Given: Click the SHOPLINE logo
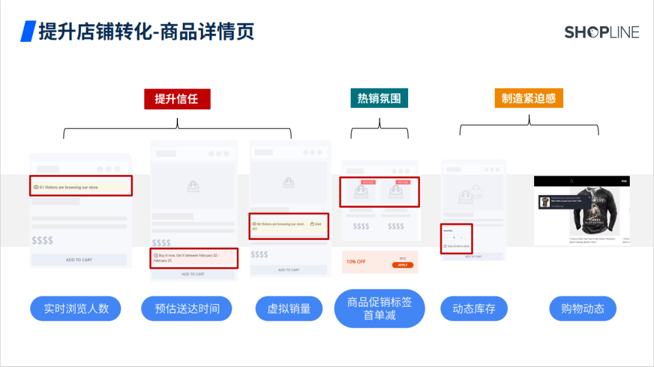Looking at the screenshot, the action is pos(601,32).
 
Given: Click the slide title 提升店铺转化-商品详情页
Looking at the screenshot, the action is pos(146,31).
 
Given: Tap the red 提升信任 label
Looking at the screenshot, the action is pos(177,99).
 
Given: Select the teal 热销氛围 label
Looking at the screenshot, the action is pos(379,98).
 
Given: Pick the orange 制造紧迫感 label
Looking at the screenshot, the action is pos(529,98).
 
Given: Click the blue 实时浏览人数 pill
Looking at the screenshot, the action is pos(76,309).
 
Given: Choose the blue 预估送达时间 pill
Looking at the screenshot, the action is pos(187,309).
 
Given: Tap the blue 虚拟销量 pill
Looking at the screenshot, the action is pos(289,309).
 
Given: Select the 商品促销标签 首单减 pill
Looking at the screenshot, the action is pos(380,308).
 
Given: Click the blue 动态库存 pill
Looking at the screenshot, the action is pos(474,309).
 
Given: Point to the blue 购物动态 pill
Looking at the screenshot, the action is pos(583,309).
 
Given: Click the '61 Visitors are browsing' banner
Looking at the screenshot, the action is pos(81,187).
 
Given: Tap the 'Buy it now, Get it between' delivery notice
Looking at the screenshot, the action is pos(194,257).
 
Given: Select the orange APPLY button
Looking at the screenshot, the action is pos(402,265).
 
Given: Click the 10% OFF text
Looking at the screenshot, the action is pos(356,262).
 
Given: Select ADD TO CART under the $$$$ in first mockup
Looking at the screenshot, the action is pos(79,260).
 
